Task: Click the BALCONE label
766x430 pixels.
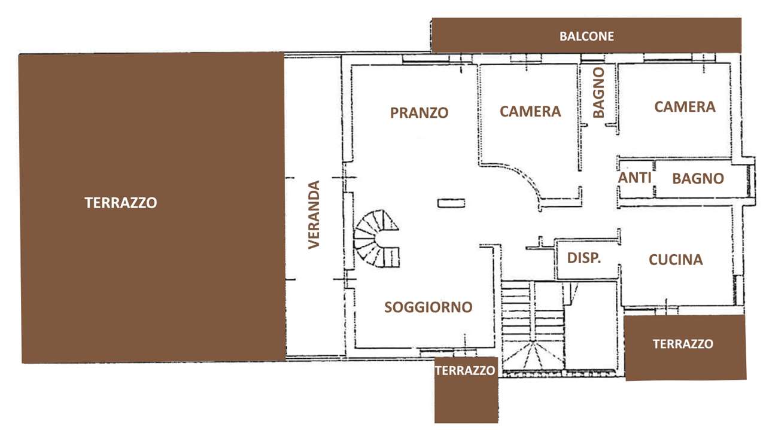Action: click(x=586, y=36)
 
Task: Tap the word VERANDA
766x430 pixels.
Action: click(x=314, y=215)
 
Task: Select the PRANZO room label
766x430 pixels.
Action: click(x=420, y=113)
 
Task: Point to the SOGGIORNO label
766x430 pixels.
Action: click(x=428, y=307)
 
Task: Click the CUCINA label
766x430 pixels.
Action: click(x=676, y=260)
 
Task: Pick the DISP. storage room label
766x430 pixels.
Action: click(x=584, y=258)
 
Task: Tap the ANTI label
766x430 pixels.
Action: click(x=635, y=178)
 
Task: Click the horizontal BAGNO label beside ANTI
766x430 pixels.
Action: click(x=698, y=178)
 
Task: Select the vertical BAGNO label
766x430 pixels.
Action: click(x=599, y=92)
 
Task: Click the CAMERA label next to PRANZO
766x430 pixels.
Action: click(x=530, y=111)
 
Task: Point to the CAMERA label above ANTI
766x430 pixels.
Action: click(x=685, y=106)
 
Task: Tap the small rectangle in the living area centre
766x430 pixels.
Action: click(x=451, y=203)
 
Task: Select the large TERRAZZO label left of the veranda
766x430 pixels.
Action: click(x=121, y=203)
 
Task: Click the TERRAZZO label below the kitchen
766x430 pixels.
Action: click(x=683, y=344)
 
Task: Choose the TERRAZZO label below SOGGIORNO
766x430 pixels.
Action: click(x=465, y=371)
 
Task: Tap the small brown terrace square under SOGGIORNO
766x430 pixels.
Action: click(x=466, y=390)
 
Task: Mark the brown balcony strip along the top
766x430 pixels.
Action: click(x=586, y=35)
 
